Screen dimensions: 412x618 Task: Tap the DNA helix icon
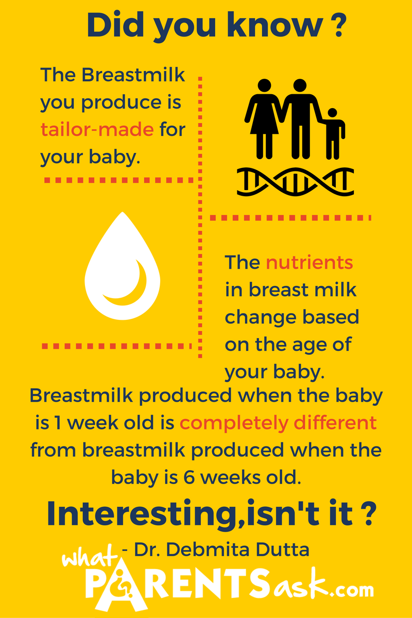coord(295,182)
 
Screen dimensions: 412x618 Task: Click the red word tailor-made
coord(97,129)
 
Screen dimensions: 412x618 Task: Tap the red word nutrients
coord(310,262)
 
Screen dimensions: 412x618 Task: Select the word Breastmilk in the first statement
coord(133,75)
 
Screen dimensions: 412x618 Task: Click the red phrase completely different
coord(278,423)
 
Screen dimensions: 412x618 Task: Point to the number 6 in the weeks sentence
coord(189,477)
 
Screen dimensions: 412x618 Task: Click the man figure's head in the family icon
coord(300,85)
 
